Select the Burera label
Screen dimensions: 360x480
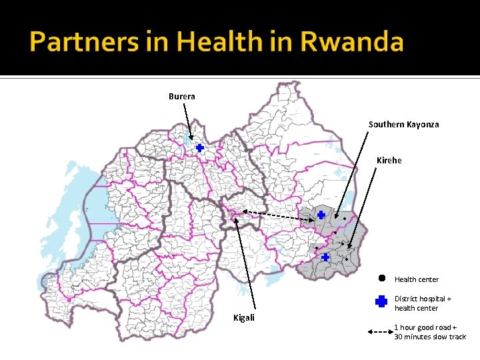[x=182, y=97]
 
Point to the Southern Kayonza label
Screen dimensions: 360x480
[x=404, y=125]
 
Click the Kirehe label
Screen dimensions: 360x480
[x=389, y=161]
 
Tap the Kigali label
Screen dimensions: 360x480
[x=243, y=317]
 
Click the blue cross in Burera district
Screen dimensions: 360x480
[x=199, y=147]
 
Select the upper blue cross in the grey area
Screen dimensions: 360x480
[x=321, y=215]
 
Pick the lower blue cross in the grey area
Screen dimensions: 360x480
[x=325, y=257]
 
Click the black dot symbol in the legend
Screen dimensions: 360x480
[x=381, y=278]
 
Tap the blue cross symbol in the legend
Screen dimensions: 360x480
[x=381, y=302]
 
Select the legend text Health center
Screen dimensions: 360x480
[x=417, y=279]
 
